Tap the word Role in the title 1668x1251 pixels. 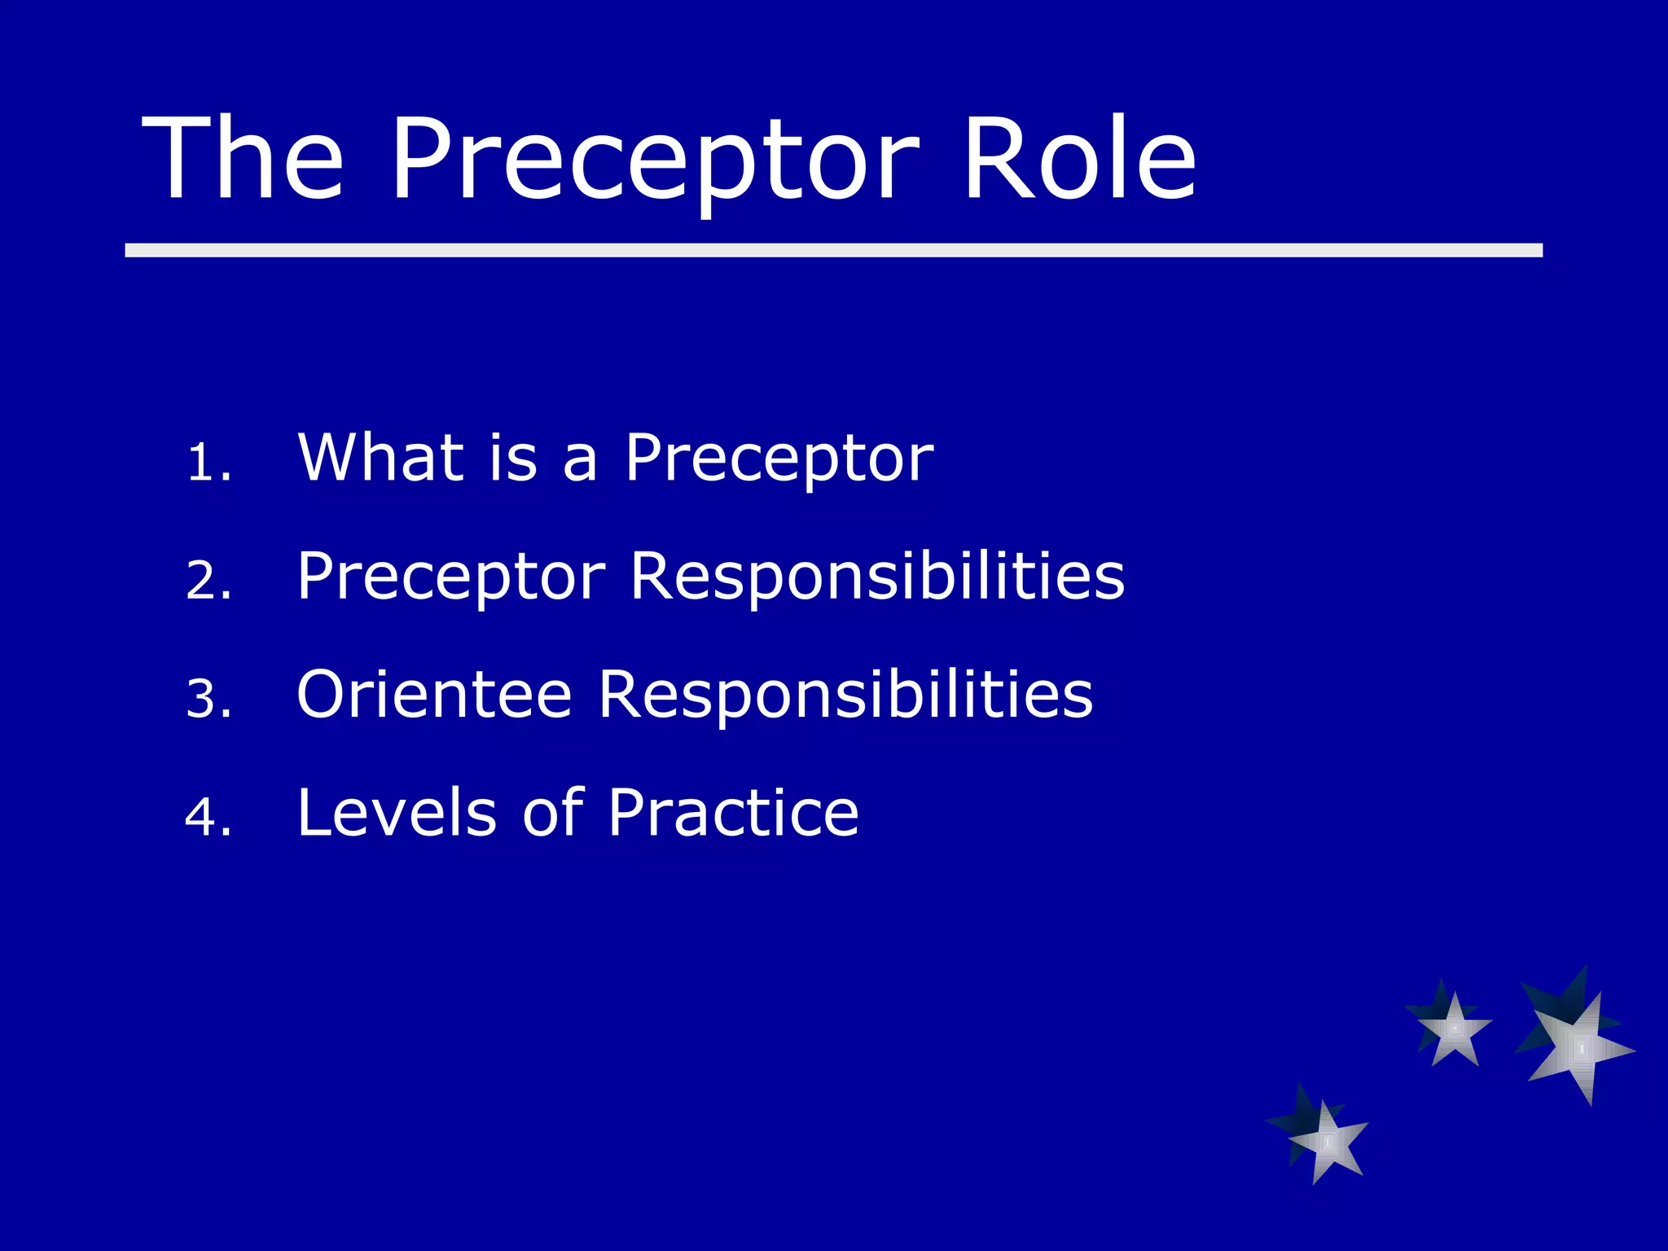click(x=1079, y=159)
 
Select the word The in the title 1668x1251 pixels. click(x=243, y=159)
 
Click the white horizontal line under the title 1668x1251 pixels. click(x=833, y=250)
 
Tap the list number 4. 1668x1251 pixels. click(x=208, y=818)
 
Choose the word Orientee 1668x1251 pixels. click(x=434, y=695)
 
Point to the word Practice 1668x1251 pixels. click(x=733, y=813)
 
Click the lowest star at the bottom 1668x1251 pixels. click(x=1326, y=1140)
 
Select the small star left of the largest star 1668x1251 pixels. click(x=1453, y=1029)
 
